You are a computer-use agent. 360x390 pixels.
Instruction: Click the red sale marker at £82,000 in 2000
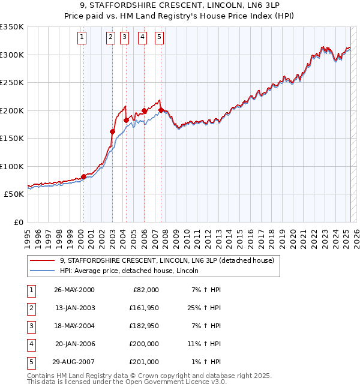[83, 176]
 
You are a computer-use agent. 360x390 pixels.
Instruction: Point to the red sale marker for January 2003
[112, 131]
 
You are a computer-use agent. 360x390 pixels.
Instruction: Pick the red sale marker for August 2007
[161, 110]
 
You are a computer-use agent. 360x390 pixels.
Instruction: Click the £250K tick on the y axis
[12, 83]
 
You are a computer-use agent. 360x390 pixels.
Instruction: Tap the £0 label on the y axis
[18, 222]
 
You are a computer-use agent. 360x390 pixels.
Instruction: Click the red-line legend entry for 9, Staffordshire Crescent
[167, 260]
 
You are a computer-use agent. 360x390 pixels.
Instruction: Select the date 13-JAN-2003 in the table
[74, 308]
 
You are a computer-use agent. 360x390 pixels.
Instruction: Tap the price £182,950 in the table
[143, 326]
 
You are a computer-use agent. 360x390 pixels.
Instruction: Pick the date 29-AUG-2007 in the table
[74, 362]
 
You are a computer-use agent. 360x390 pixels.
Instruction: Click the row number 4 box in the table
[31, 344]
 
